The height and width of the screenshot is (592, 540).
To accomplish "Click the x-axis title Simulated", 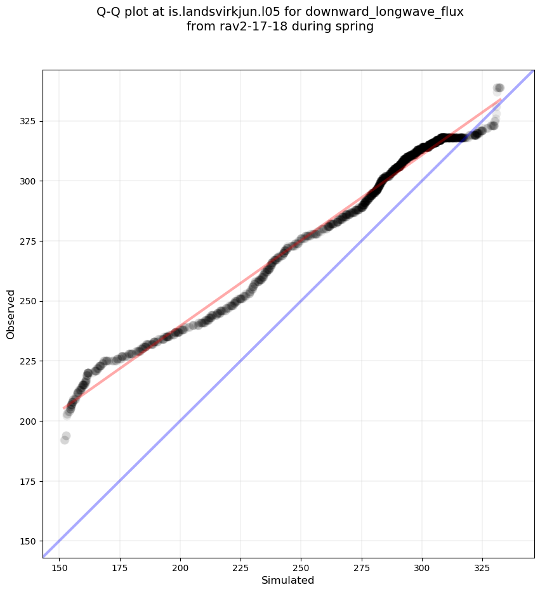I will (x=288, y=580).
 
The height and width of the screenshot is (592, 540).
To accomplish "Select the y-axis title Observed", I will (x=11, y=314).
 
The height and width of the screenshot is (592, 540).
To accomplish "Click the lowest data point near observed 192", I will (x=65, y=440).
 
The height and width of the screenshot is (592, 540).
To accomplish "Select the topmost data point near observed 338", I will (x=499, y=88).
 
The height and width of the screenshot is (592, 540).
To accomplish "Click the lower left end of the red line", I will (x=64, y=408).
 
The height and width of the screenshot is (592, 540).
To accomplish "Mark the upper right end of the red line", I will (x=501, y=100).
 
